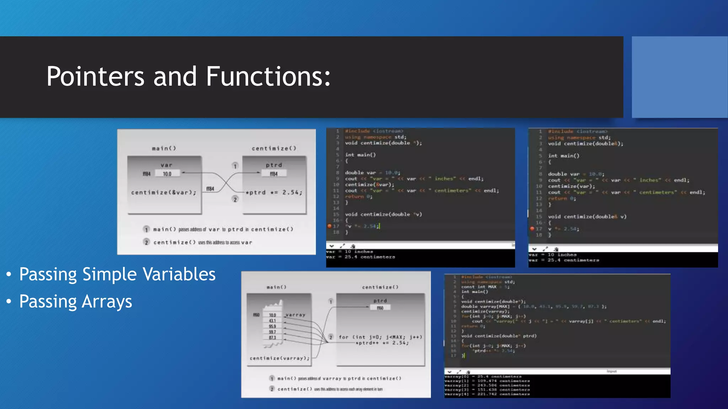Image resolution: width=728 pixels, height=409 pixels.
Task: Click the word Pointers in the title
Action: pyautogui.click(x=95, y=76)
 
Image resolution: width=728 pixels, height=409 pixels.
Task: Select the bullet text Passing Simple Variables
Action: pyautogui.click(x=117, y=274)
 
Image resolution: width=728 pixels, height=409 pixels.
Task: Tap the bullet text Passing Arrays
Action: pyautogui.click(x=75, y=301)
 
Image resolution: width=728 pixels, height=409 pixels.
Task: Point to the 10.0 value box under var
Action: pyautogui.click(x=167, y=174)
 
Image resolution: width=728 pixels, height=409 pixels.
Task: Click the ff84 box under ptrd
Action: pyautogui.click(x=273, y=174)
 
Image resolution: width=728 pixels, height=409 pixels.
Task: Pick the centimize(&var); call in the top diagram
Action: pyautogui.click(x=164, y=192)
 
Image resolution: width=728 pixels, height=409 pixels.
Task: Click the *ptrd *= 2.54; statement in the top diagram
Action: pyautogui.click(x=274, y=192)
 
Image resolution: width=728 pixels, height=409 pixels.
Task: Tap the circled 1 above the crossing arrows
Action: pyautogui.click(x=235, y=166)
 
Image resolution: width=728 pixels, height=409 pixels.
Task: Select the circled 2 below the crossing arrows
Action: pyautogui.click(x=235, y=200)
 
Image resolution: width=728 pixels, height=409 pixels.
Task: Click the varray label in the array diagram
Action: pyautogui.click(x=295, y=315)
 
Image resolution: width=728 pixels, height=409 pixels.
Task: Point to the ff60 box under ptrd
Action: pyautogui.click(x=380, y=308)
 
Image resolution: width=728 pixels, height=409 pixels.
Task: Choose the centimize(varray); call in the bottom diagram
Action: pyautogui.click(x=279, y=358)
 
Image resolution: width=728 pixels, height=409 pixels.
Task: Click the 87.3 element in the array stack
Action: pyautogui.click(x=272, y=337)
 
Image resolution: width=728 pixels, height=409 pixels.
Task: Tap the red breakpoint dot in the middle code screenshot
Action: pyautogui.click(x=330, y=226)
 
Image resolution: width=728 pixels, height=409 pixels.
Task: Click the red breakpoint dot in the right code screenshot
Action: pyautogui.click(x=532, y=229)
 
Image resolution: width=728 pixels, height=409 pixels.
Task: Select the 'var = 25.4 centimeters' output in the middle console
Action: pyautogui.click(x=360, y=257)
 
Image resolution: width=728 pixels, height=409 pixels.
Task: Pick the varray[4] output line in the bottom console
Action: pyautogui.click(x=487, y=394)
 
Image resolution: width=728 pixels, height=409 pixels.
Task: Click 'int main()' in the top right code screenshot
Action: pyautogui.click(x=563, y=156)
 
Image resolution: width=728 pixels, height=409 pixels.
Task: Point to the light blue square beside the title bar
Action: pyautogui.click(x=679, y=77)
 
